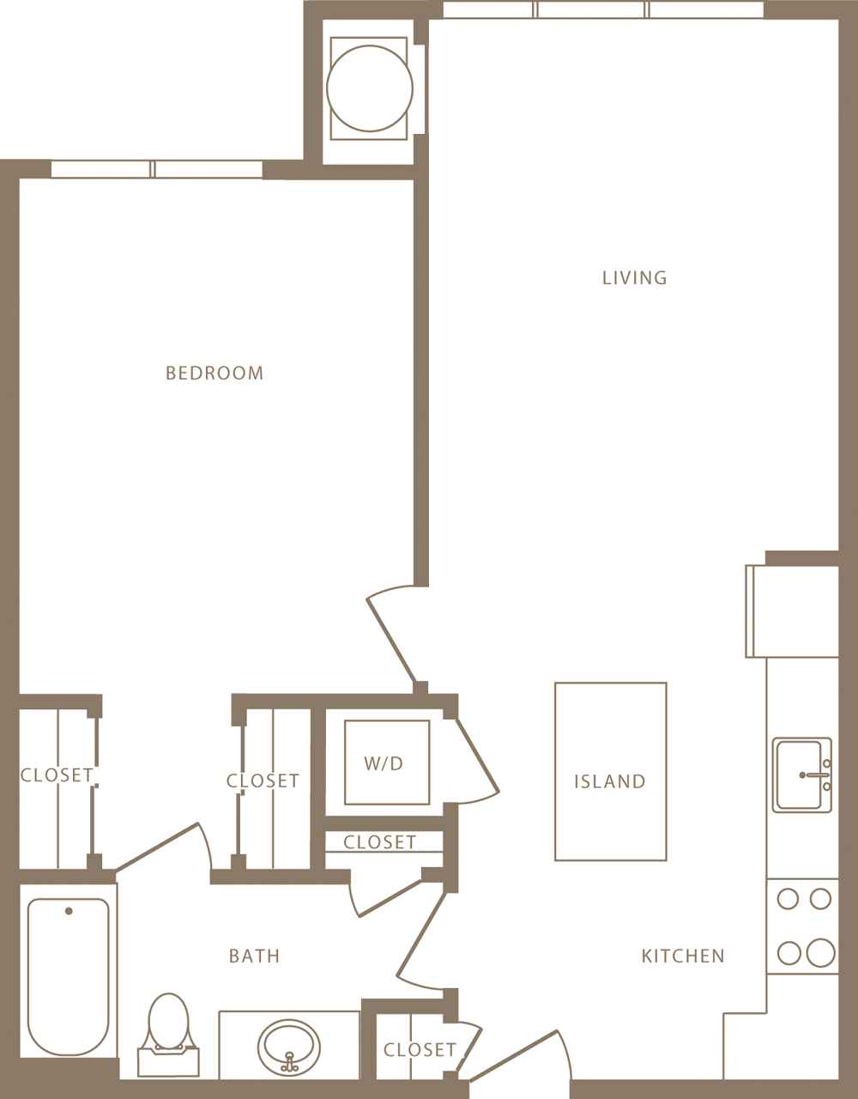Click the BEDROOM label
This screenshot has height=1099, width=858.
(214, 373)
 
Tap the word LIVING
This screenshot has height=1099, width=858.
(634, 277)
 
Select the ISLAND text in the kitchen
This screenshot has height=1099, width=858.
(609, 781)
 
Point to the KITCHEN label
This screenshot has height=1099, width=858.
(683, 956)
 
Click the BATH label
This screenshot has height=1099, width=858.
(254, 956)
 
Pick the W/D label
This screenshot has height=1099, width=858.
(384, 763)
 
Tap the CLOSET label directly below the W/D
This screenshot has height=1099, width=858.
(379, 842)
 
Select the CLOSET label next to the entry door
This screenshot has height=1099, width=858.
(420, 1049)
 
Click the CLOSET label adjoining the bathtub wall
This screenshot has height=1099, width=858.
(57, 774)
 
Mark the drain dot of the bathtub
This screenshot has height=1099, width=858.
(69, 911)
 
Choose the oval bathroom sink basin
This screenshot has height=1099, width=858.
(289, 1046)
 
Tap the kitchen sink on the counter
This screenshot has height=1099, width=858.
(801, 774)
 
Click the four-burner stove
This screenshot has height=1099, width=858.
(803, 926)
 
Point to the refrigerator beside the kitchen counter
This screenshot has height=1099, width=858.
(791, 610)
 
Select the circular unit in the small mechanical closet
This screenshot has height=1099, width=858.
(370, 88)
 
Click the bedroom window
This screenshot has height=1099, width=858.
(156, 169)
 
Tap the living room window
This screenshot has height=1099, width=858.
(602, 10)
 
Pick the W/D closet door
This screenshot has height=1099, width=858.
(476, 756)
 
